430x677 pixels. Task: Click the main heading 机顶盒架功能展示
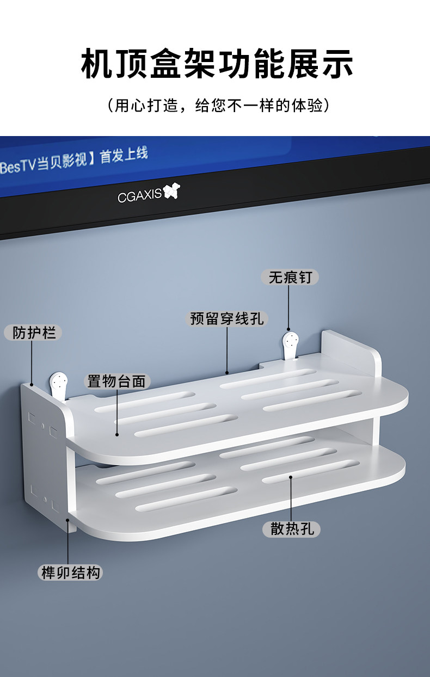pyautogui.click(x=217, y=64)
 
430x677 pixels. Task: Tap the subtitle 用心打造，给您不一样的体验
pyautogui.click(x=218, y=106)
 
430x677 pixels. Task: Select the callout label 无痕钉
pyautogui.click(x=290, y=277)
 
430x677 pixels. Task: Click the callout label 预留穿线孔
pyautogui.click(x=226, y=318)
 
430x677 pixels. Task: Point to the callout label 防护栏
pyautogui.click(x=33, y=333)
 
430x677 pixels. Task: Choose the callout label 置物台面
pyautogui.click(x=116, y=381)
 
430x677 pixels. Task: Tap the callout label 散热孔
pyautogui.click(x=291, y=529)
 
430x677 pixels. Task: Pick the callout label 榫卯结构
pyautogui.click(x=70, y=573)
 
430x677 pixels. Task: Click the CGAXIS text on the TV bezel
pyautogui.click(x=139, y=196)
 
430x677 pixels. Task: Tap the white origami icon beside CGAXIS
pyautogui.click(x=171, y=190)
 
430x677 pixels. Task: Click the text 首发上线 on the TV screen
pyautogui.click(x=124, y=156)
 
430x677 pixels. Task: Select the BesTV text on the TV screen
pyautogui.click(x=19, y=166)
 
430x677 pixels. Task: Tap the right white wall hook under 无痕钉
pyautogui.click(x=291, y=346)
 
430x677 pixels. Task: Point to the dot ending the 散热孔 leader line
pyautogui.click(x=291, y=477)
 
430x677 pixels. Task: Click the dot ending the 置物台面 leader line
pyautogui.click(x=117, y=435)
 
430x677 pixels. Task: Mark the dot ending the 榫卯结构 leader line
pyautogui.click(x=67, y=520)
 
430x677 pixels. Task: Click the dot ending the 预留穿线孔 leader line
pyautogui.click(x=227, y=373)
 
